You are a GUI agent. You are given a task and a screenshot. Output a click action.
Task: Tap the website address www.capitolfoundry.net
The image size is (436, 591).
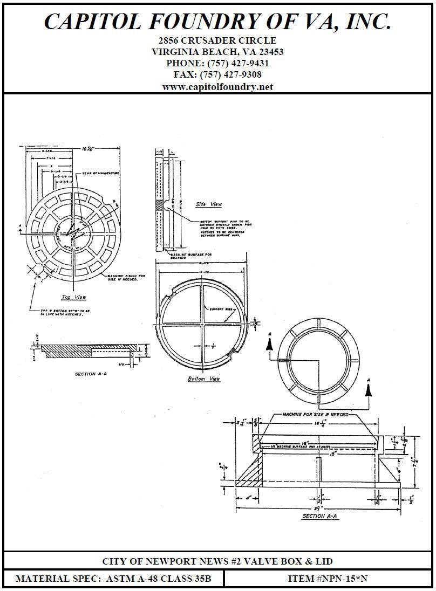[x=217, y=87]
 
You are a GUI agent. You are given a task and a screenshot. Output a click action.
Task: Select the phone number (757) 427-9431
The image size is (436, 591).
[x=235, y=63]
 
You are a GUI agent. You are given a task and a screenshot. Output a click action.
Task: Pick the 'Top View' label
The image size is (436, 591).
[x=73, y=297]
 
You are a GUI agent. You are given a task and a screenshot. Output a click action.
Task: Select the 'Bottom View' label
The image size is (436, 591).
[x=204, y=379]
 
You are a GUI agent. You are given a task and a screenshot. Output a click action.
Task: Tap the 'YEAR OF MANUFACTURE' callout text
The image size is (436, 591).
[x=101, y=173]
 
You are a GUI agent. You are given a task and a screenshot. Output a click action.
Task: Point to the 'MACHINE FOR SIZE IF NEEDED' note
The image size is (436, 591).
[x=316, y=415]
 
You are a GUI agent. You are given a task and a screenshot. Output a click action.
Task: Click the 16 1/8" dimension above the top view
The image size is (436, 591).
[x=88, y=147]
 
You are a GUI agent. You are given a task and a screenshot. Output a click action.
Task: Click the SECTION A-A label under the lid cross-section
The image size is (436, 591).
[x=91, y=373]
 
